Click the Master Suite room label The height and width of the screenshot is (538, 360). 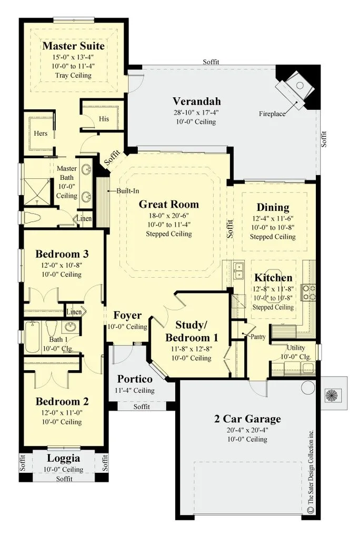point(73,46)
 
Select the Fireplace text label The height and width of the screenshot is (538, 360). point(272,114)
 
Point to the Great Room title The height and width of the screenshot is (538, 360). point(169,204)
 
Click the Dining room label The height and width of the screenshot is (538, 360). point(273,207)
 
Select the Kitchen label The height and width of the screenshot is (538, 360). point(273,277)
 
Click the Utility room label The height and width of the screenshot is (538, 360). point(296,348)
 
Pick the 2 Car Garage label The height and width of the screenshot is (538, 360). point(247,419)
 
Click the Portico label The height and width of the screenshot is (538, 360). point(135,379)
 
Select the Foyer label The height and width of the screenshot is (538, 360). point(127,316)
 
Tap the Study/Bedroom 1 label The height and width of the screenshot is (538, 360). point(192,331)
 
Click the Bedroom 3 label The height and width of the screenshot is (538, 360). point(62,254)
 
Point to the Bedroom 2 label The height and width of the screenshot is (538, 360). point(62,401)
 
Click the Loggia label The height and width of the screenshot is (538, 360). point(63,458)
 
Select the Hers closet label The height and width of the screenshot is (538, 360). point(41,134)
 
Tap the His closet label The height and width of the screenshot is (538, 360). point(104,119)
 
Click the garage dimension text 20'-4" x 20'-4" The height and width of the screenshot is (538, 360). point(247,430)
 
